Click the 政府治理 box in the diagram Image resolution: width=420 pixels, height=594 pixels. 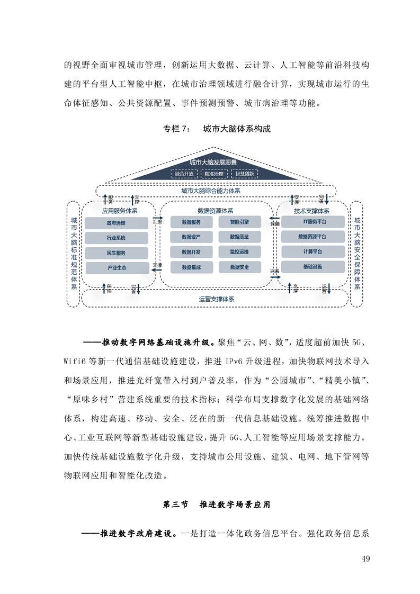[117, 223]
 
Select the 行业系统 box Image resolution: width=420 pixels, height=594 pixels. [117, 238]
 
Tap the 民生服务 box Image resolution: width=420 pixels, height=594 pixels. [117, 253]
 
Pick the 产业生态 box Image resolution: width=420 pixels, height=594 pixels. [117, 268]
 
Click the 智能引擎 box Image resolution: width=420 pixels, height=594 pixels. [239, 221]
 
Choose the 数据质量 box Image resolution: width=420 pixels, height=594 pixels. [239, 236]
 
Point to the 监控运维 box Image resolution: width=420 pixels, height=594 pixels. [239, 251]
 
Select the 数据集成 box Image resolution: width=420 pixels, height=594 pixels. [191, 267]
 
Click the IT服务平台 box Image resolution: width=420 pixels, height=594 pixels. [312, 221]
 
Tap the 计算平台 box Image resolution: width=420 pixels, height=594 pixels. [312, 251]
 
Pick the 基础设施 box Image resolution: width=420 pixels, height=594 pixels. [312, 267]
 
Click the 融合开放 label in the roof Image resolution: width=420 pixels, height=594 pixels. [183, 174]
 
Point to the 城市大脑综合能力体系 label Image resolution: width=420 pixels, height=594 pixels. [210, 191]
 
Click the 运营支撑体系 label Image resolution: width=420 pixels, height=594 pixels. [217, 299]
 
